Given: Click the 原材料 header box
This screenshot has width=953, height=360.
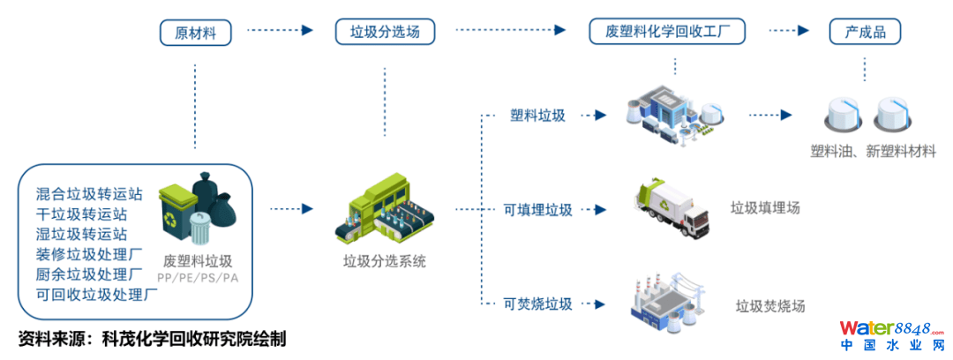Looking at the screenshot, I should [196, 34].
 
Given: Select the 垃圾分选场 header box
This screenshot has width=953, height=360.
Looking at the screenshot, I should [385, 34].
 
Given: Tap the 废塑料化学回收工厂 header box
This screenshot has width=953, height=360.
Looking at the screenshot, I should [667, 34].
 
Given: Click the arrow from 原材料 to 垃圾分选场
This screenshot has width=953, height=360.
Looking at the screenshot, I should [281, 30].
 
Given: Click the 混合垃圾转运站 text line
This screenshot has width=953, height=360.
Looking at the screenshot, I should [89, 193].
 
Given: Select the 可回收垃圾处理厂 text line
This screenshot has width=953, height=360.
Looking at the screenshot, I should [97, 295].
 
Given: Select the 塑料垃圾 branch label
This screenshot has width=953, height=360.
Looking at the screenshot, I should [537, 116].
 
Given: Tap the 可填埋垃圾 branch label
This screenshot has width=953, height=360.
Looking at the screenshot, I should [537, 210].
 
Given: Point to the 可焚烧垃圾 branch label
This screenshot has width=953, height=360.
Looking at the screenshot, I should [537, 304].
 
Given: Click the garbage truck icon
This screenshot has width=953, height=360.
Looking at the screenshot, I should [672, 208].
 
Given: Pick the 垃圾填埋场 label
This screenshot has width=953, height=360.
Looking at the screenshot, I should [766, 208].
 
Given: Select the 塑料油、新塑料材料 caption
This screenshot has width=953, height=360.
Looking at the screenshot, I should [873, 152].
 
